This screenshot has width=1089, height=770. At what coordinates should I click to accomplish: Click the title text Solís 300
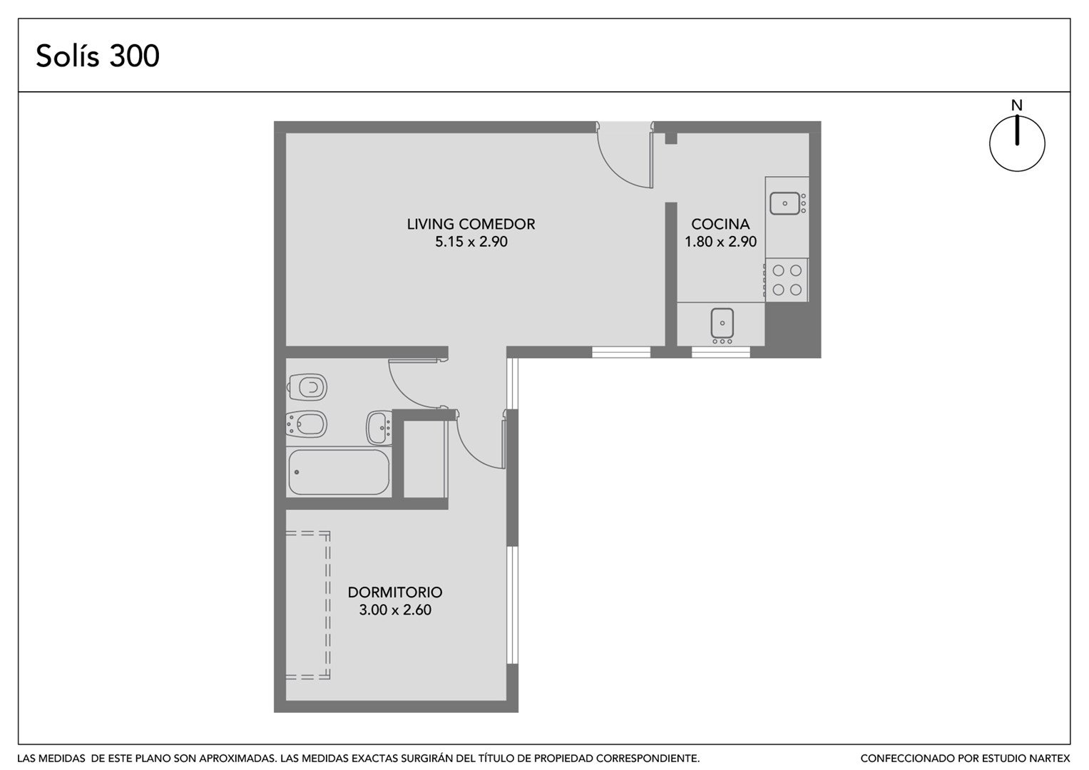coord(98,56)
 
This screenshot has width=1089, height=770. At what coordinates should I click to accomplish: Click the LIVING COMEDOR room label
coord(471,224)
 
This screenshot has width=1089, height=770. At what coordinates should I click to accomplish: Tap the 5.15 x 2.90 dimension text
coord(471,242)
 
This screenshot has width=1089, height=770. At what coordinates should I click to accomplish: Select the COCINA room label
coord(720,224)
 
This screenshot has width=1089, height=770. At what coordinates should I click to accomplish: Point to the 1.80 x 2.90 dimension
coord(720,242)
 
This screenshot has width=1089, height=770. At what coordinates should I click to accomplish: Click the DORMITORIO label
coord(395,592)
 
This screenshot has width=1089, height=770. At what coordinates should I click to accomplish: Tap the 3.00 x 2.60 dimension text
coord(395,610)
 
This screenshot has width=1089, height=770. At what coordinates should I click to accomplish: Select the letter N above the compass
coord(1016,106)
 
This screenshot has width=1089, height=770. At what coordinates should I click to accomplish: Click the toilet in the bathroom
coord(307,387)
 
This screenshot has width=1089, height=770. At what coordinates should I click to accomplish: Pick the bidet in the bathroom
coord(306,424)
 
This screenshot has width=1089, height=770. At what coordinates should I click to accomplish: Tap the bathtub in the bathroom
coord(339,472)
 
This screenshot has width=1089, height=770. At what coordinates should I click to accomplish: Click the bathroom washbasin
coord(379,428)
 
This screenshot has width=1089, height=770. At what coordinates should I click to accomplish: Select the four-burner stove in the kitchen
coord(786,280)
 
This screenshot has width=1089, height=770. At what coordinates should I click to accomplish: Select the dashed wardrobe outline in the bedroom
coord(327,605)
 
